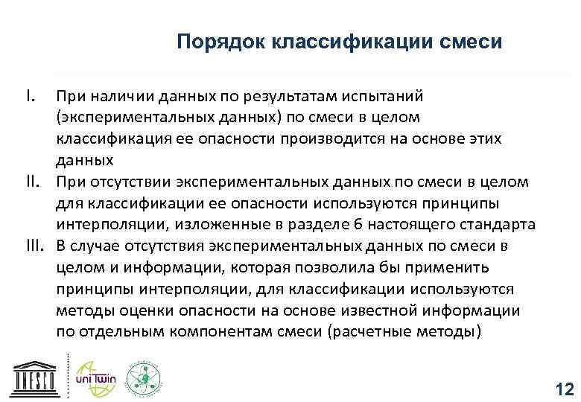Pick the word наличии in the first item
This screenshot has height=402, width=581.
tap(121, 95)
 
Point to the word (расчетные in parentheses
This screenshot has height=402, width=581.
tap(366, 333)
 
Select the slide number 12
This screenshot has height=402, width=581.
tap(564, 389)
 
